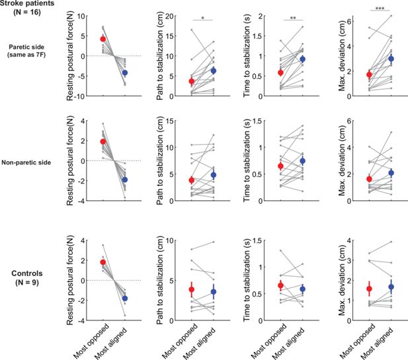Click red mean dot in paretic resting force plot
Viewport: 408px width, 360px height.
(103, 39)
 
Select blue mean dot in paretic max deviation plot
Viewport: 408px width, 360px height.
(391, 59)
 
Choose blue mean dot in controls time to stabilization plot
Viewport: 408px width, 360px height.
(302, 289)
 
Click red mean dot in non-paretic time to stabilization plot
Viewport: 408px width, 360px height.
(280, 166)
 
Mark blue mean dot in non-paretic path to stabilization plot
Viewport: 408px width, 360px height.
(213, 175)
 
